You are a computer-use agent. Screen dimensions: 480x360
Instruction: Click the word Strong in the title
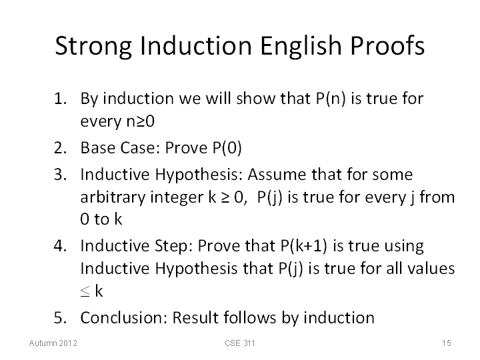click(93, 47)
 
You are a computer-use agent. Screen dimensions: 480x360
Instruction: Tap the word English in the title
click(301, 47)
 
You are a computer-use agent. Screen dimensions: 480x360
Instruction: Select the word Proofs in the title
click(387, 45)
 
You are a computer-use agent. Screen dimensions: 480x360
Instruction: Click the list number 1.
click(60, 99)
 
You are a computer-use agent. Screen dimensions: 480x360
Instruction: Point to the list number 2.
click(60, 148)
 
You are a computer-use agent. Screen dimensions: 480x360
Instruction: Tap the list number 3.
click(60, 175)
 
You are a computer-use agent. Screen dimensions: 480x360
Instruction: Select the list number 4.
click(60, 246)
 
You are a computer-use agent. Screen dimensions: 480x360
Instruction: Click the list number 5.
click(60, 317)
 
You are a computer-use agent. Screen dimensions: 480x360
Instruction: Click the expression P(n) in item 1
click(330, 99)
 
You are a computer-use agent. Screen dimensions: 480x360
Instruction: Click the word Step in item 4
click(173, 247)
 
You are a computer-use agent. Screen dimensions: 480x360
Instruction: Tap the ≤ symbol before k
click(85, 291)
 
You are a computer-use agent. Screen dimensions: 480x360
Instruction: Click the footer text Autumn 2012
click(53, 343)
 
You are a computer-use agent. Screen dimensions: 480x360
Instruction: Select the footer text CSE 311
click(240, 343)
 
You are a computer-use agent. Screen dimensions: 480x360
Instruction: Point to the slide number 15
click(446, 343)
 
